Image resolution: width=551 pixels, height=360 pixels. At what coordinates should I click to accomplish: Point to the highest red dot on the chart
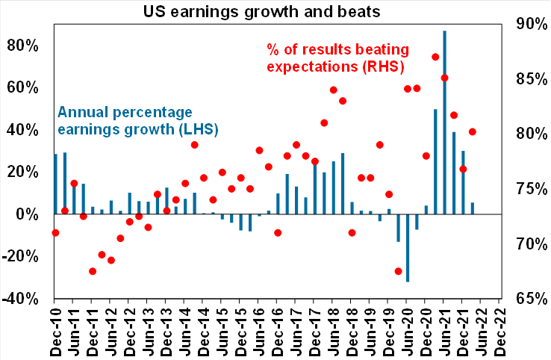[x=435, y=58]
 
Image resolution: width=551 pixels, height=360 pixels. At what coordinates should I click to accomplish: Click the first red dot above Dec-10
[x=55, y=233]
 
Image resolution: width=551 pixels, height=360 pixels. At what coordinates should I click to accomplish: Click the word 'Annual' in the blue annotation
[x=81, y=114]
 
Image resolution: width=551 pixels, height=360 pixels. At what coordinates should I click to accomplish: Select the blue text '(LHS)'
[x=197, y=130]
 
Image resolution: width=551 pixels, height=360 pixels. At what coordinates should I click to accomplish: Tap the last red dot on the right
[x=473, y=132]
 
